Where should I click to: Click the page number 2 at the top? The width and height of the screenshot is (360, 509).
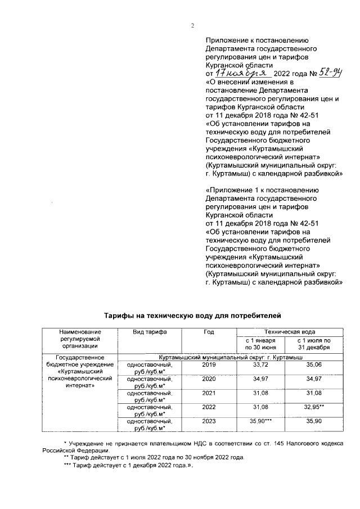click(192, 25)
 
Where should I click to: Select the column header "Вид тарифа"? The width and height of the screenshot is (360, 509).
click(149, 332)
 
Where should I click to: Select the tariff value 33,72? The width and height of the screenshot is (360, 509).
click(260, 365)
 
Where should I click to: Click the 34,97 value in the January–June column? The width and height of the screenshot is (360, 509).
click(260, 379)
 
